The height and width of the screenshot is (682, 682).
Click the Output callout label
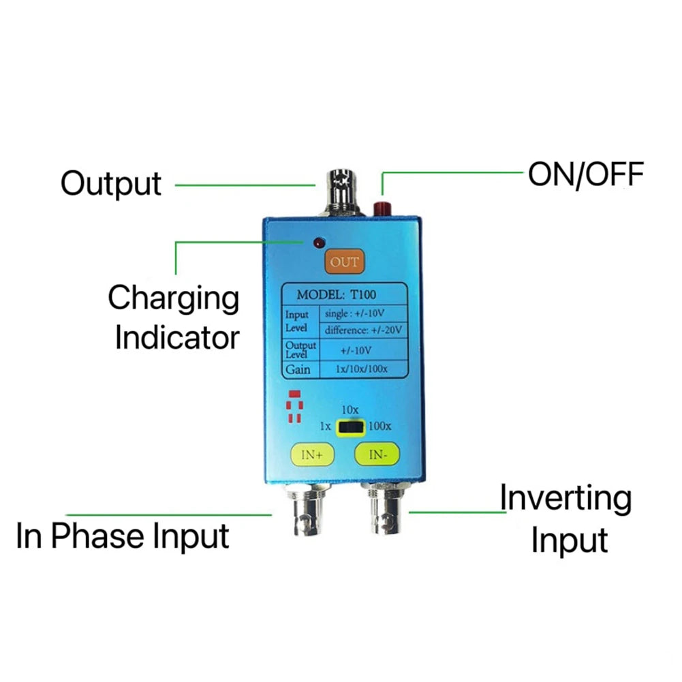(x=111, y=184)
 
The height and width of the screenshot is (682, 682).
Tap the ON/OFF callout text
(x=585, y=175)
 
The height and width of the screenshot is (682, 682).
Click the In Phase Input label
(x=123, y=536)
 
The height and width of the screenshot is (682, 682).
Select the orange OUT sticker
(x=344, y=262)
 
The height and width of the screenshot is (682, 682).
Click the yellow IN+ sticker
(x=311, y=454)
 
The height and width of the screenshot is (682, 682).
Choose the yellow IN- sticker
(x=377, y=454)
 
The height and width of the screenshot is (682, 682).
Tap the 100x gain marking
(x=379, y=427)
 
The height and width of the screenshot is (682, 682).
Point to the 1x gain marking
(x=326, y=427)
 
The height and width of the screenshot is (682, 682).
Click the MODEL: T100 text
(x=332, y=295)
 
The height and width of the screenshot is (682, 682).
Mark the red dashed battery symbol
(x=294, y=407)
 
